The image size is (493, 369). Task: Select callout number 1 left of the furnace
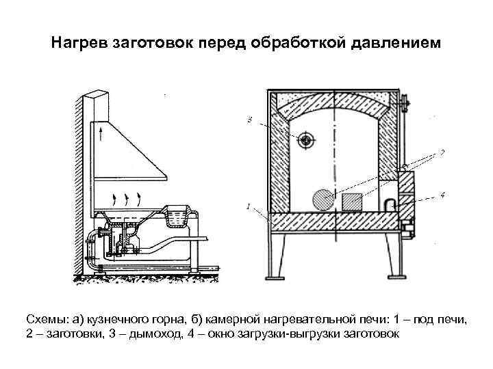247,206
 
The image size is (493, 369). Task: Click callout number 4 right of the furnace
442,195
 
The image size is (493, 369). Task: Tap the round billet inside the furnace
322,200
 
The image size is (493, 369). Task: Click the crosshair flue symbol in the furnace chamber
305,140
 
